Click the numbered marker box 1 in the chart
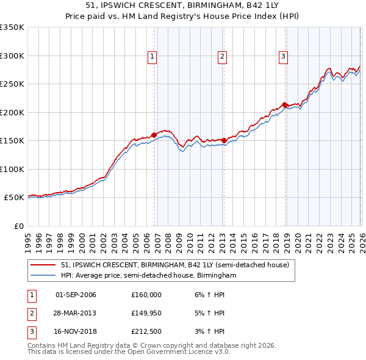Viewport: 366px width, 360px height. pyautogui.click(x=152, y=57)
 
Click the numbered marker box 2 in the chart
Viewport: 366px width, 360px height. pyautogui.click(x=222, y=57)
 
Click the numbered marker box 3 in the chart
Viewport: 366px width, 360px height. pyautogui.click(x=284, y=57)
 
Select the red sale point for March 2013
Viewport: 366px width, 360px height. pyautogui.click(x=224, y=140)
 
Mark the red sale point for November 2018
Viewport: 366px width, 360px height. pyautogui.click(x=285, y=105)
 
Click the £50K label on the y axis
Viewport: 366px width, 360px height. pyautogui.click(x=14, y=198)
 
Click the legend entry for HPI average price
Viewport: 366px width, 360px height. pyautogui.click(x=148, y=276)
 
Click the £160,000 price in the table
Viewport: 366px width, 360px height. pyautogui.click(x=146, y=295)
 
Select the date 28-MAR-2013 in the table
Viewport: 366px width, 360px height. pyautogui.click(x=75, y=313)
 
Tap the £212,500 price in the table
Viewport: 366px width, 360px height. pyautogui.click(x=146, y=331)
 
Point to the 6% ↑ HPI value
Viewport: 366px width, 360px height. pyautogui.click(x=210, y=295)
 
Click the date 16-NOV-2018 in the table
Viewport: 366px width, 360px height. pyautogui.click(x=75, y=331)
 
